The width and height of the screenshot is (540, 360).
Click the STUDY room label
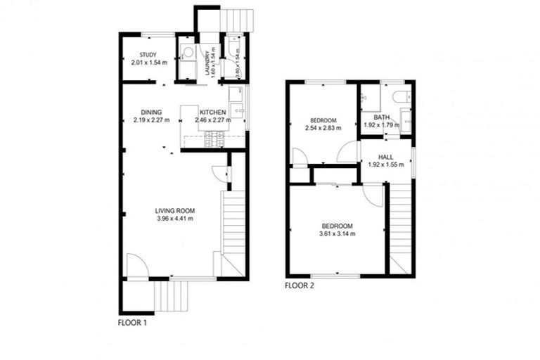tap(147, 56)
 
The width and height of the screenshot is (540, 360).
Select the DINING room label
tap(151, 112)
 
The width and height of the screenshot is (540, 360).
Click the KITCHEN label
tap(212, 112)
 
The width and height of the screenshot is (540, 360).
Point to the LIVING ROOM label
tap(175, 211)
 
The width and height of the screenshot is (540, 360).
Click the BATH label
tap(382, 117)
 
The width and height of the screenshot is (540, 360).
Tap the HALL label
tap(385, 157)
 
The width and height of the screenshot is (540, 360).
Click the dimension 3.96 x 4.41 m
tap(175, 219)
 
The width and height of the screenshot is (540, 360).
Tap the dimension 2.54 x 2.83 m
tap(323, 128)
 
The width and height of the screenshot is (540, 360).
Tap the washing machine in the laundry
tap(188, 51)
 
